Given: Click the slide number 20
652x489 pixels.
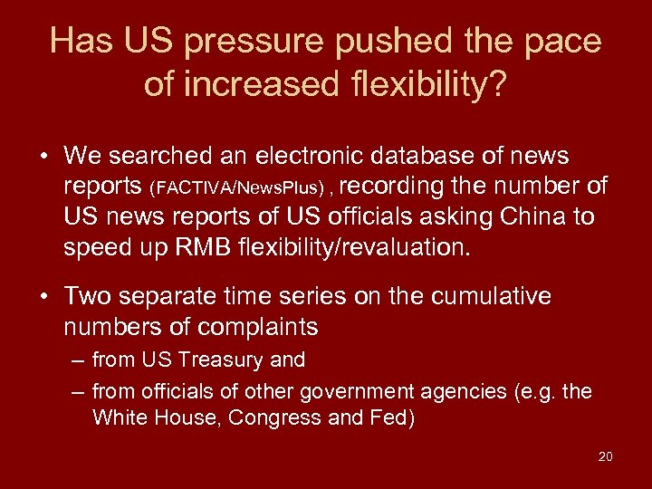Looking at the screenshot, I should pos(605,456).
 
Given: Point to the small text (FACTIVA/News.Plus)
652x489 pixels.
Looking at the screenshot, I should pos(240,187).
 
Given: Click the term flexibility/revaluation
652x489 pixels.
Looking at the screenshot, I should pos(353,248).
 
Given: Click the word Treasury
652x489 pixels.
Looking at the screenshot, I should pos(222,360).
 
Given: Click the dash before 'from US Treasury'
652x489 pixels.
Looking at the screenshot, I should pos(80,360).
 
